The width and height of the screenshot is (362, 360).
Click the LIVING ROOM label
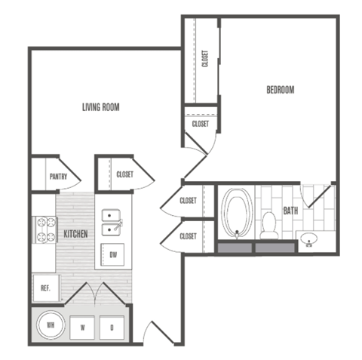(x=101, y=107)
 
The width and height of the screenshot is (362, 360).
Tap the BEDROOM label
(x=281, y=90)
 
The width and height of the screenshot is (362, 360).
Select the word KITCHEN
(x=75, y=234)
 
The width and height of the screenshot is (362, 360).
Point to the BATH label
(x=290, y=211)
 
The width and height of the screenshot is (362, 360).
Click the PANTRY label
(x=59, y=177)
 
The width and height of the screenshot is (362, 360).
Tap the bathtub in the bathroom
(x=238, y=213)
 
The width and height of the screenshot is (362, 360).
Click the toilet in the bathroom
(x=268, y=224)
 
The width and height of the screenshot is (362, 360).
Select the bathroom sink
(x=308, y=241)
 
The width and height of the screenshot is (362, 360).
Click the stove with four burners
(x=44, y=229)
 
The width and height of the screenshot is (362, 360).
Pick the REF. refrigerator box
(x=44, y=287)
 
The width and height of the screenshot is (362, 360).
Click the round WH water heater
(x=51, y=327)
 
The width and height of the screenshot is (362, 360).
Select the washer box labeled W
(x=83, y=328)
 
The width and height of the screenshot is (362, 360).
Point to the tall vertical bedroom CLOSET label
(x=205, y=59)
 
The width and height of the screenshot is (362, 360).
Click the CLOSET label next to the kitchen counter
(x=125, y=174)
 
